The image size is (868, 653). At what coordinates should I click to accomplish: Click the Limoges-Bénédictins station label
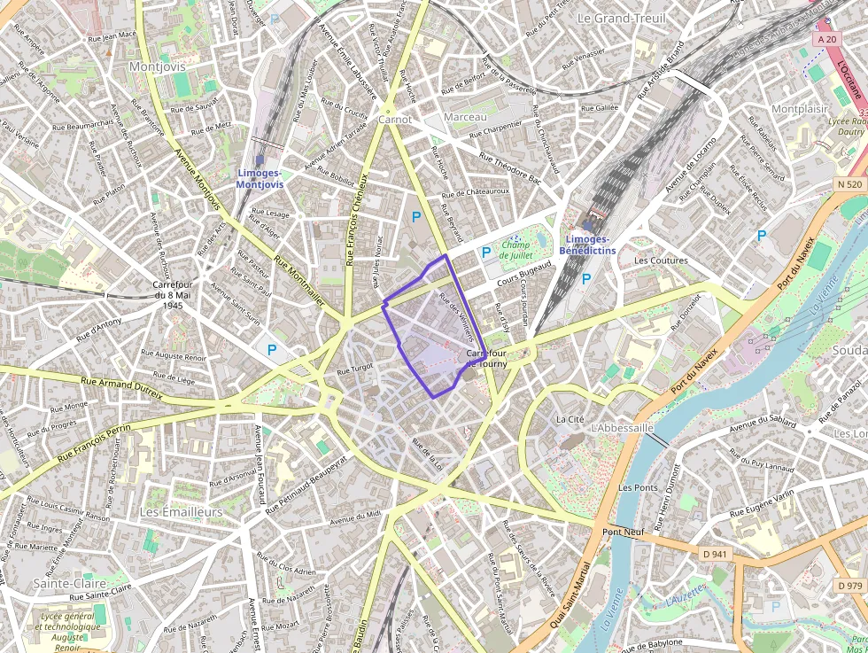[587, 245]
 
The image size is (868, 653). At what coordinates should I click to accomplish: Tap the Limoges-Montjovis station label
[260, 178]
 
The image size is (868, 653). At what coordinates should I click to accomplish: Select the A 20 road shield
[827, 39]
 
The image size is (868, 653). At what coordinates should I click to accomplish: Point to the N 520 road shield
[848, 184]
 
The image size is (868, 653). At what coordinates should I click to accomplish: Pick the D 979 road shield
[849, 586]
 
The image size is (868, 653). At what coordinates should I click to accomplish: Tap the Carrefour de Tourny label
[484, 359]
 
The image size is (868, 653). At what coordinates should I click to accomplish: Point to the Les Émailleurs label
[182, 512]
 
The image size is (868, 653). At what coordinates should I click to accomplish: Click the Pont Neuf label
[624, 532]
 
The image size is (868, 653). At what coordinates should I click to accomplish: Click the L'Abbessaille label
[621, 428]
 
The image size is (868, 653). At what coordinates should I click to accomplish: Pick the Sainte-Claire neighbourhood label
[70, 584]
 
